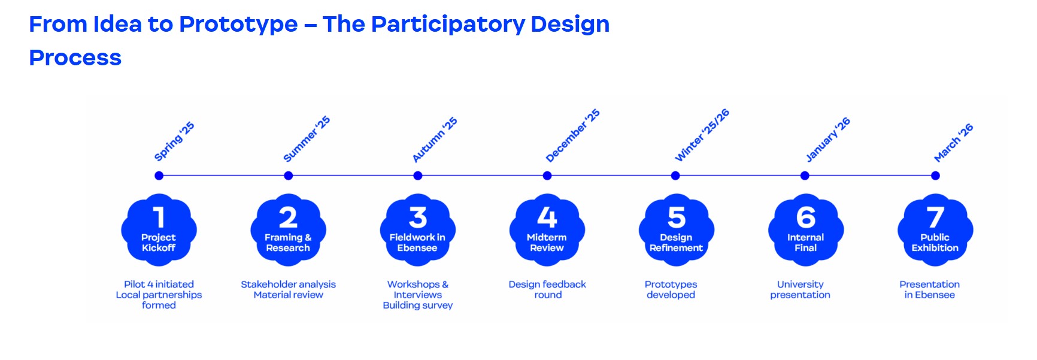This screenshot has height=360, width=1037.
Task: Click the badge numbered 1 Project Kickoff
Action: tap(159, 230)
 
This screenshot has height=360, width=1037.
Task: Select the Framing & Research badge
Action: tap(288, 230)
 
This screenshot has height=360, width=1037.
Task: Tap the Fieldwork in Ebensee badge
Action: tap(417, 230)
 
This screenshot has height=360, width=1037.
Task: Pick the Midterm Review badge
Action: tap(547, 230)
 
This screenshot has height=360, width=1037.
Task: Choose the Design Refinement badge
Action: tap(676, 230)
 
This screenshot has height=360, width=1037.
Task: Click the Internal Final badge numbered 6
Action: tap(805, 230)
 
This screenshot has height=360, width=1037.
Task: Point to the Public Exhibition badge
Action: tap(935, 230)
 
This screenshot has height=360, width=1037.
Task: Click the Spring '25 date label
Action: tap(174, 141)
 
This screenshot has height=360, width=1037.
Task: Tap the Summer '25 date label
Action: tap(307, 139)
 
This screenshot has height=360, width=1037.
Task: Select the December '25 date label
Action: tap(572, 136)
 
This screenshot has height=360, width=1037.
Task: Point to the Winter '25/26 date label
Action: tap(702, 135)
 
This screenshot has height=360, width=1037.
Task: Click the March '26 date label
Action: tap(954, 143)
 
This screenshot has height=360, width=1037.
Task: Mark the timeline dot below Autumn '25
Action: tap(418, 176)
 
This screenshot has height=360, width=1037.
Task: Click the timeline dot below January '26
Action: tap(805, 176)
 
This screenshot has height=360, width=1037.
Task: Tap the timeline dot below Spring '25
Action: tap(159, 176)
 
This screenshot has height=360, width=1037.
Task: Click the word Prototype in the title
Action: tap(238, 25)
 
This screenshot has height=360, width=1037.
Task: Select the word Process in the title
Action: tap(75, 58)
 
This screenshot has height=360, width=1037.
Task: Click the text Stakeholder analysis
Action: tap(288, 285)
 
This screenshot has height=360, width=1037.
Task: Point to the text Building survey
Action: tap(418, 305)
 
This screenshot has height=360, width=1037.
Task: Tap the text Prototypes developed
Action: tap(671, 289)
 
